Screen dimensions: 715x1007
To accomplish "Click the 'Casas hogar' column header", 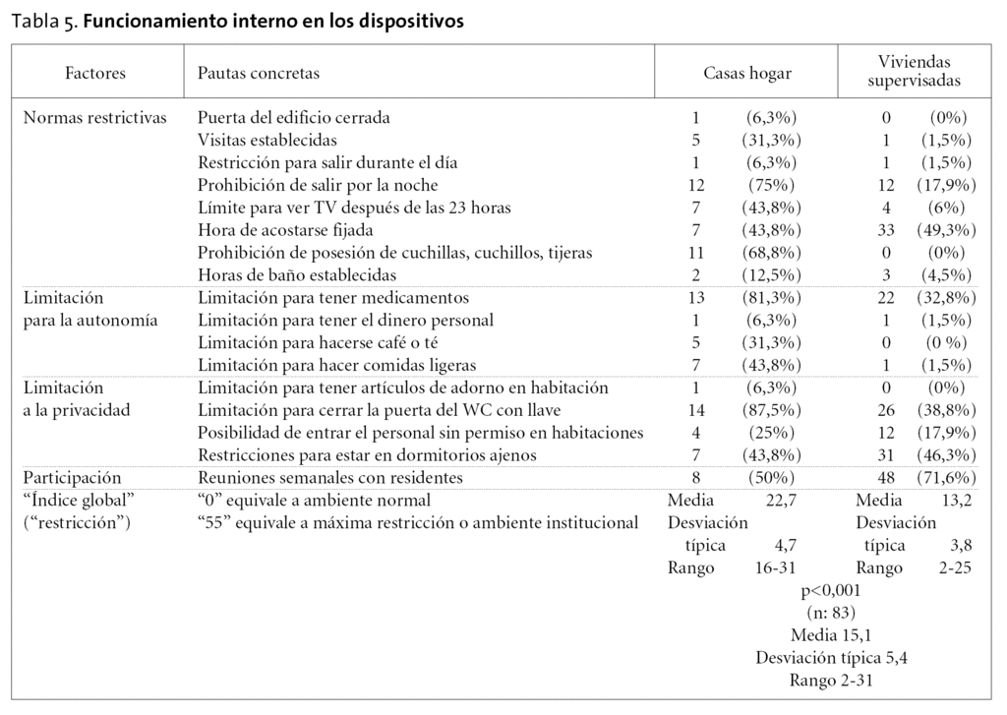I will pyautogui.click(x=746, y=73).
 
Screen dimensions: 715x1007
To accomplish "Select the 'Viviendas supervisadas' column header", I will pyautogui.click(x=914, y=72).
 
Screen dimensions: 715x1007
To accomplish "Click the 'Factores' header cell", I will pyautogui.click(x=95, y=73).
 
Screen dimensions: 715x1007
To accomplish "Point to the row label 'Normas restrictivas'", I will pyautogui.click(x=94, y=118).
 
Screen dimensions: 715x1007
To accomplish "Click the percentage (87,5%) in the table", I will pyautogui.click(x=771, y=410).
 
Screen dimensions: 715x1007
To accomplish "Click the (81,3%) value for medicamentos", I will pyautogui.click(x=771, y=298).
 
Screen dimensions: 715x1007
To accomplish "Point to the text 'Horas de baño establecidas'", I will pyautogui.click(x=296, y=275).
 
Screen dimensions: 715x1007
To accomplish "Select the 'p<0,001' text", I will pyautogui.click(x=831, y=591).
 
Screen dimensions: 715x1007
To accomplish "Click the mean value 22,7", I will pyautogui.click(x=781, y=501).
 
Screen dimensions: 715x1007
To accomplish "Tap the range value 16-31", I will pyautogui.click(x=775, y=568).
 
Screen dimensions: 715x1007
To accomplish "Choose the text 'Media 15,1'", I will pyautogui.click(x=831, y=635).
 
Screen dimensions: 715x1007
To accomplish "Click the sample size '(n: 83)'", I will pyautogui.click(x=831, y=613).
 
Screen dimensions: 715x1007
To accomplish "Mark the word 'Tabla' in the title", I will pyautogui.click(x=33, y=22).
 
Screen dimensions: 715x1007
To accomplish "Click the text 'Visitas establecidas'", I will pyautogui.click(x=267, y=141).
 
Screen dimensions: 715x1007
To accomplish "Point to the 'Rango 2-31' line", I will pyautogui.click(x=831, y=680).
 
